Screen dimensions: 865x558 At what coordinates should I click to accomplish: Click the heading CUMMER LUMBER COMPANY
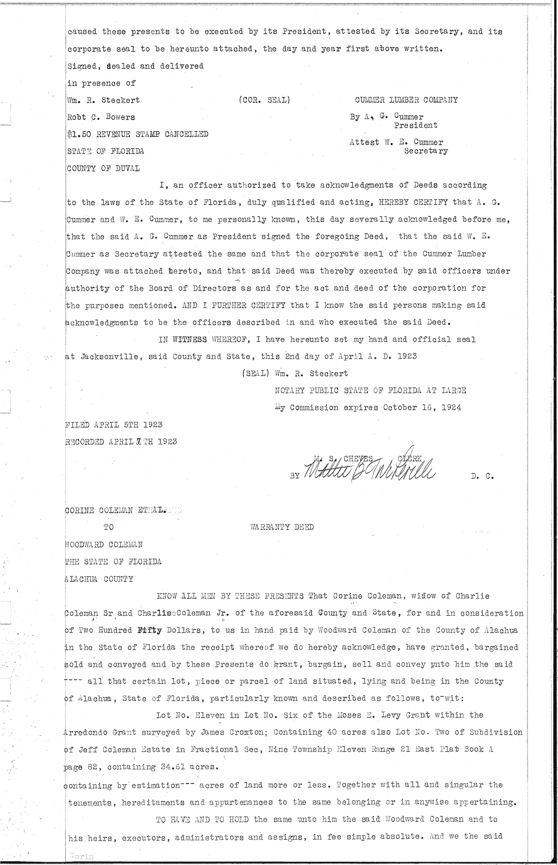click(x=406, y=100)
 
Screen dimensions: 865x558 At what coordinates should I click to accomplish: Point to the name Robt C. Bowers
click(x=101, y=117)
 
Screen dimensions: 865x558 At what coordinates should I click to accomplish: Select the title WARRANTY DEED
click(x=282, y=527)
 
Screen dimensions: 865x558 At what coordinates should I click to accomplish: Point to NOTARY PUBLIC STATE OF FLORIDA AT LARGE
click(x=371, y=390)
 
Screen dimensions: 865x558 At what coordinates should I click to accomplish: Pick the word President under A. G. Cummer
click(x=416, y=125)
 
